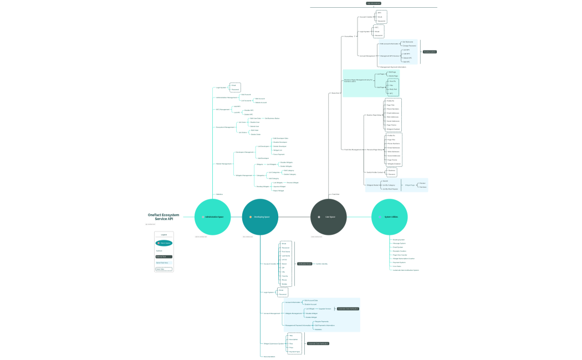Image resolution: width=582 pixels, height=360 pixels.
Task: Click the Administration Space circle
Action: (212, 217)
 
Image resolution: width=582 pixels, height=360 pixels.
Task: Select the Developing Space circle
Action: (260, 217)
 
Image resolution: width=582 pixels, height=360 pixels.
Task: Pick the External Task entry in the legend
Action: (164, 257)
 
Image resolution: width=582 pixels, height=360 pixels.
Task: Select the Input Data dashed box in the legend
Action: (164, 269)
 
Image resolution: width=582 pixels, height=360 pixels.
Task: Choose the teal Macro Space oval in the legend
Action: (164, 243)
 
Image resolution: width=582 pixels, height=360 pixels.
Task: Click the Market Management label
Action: (224, 163)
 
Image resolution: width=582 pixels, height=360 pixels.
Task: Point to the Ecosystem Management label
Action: (225, 127)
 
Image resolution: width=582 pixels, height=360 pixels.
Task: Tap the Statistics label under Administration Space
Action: (219, 194)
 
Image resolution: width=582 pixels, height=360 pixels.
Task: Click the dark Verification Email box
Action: (305, 264)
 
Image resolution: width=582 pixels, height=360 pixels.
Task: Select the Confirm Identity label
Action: (321, 264)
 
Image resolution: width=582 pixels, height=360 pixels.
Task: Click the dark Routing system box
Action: (430, 52)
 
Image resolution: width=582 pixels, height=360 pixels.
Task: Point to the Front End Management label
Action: (353, 150)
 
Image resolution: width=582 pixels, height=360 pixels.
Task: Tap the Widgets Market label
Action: (372, 185)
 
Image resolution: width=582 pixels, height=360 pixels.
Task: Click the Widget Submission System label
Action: (274, 343)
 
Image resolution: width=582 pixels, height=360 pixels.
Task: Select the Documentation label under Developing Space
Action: (269, 356)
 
